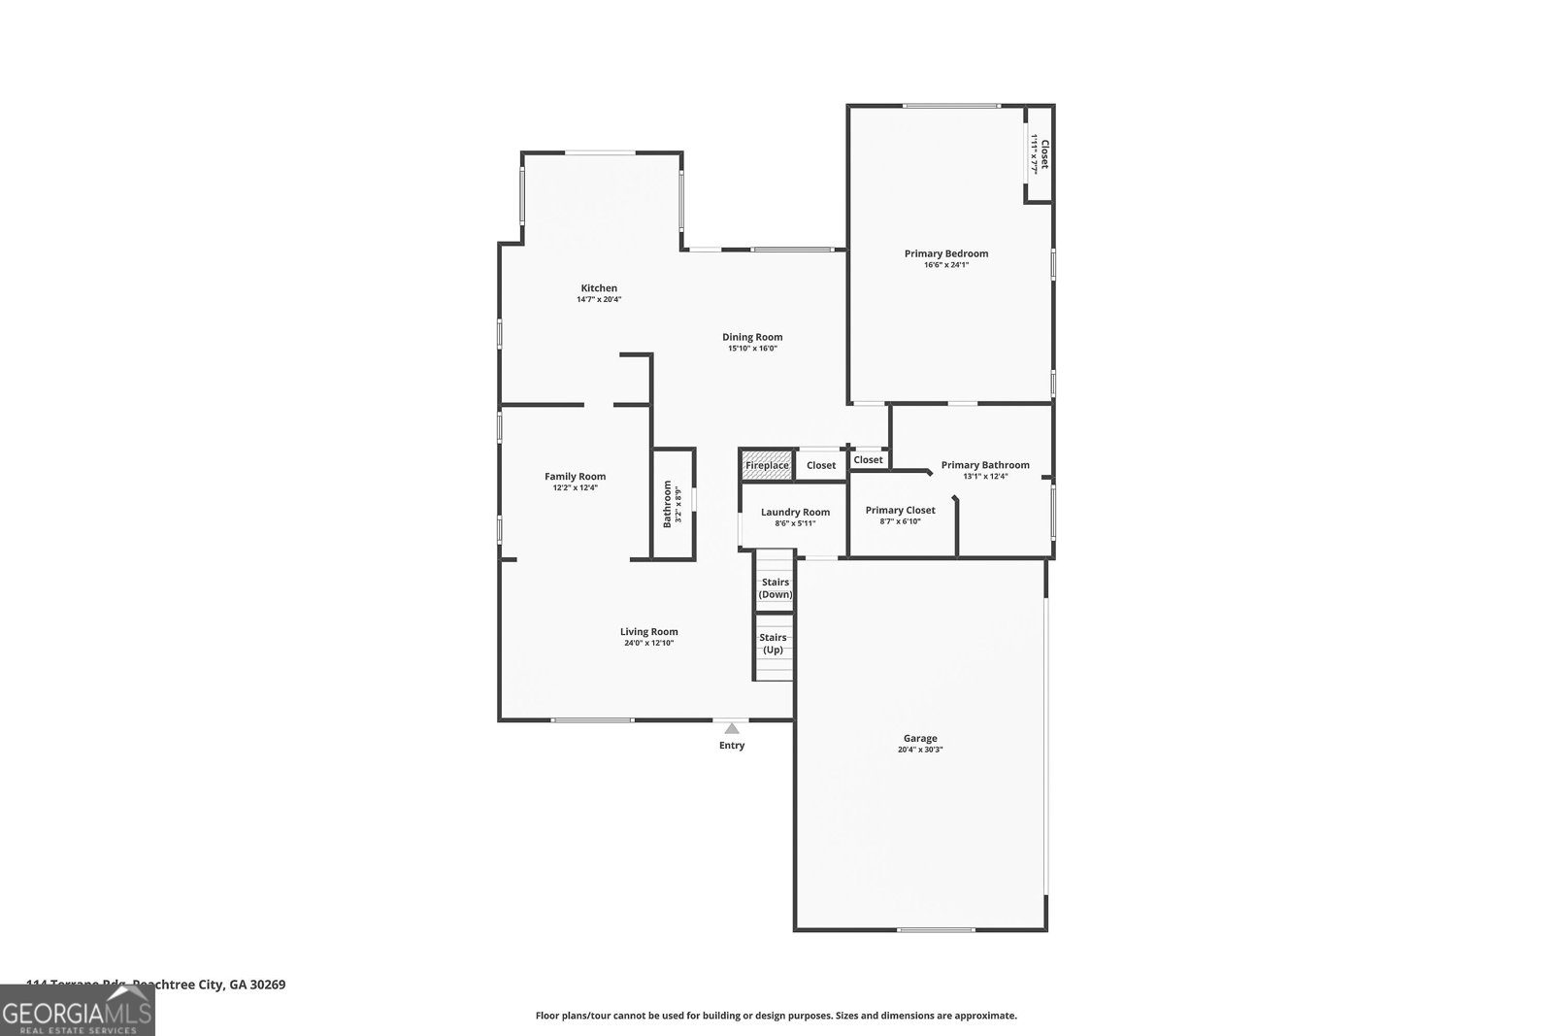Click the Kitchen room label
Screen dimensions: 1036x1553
tap(599, 288)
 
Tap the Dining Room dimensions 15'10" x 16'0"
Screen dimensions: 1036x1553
tap(752, 349)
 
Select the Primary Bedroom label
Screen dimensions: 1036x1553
tap(946, 253)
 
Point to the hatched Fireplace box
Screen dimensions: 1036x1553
tap(767, 465)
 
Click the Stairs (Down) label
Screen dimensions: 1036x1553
tap(775, 588)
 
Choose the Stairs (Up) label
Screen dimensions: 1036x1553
tap(774, 644)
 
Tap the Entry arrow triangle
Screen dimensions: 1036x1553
tap(732, 728)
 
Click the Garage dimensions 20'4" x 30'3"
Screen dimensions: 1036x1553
tap(920, 750)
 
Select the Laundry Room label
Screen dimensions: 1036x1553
tap(795, 512)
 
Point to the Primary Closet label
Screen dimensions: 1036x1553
tap(900, 510)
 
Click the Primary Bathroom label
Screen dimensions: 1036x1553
tap(985, 465)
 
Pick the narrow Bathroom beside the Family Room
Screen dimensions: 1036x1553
tap(673, 504)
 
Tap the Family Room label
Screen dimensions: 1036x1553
tap(575, 476)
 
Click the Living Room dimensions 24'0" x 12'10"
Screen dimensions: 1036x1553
tap(649, 643)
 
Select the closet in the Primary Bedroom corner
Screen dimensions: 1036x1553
tap(1040, 153)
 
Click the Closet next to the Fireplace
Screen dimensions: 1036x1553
tap(821, 465)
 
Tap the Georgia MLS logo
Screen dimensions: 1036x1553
tap(77, 1016)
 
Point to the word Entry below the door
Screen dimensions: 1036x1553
tap(732, 746)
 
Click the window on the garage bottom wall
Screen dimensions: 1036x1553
tap(936, 930)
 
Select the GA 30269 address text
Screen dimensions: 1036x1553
tap(257, 984)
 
